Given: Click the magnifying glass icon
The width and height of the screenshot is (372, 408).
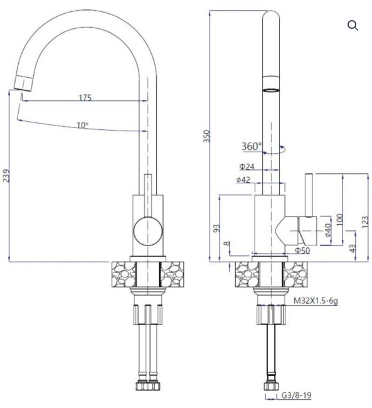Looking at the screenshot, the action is point(353,26).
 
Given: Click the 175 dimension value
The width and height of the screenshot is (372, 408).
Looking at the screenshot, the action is point(85,97).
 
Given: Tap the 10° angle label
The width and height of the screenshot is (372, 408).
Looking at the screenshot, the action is point(82,126).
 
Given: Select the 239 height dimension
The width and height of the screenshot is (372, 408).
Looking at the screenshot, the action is point(6,176).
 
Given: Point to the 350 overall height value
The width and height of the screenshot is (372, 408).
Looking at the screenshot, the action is point(206,136).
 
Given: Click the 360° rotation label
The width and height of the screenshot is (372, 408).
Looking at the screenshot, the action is point(252,146).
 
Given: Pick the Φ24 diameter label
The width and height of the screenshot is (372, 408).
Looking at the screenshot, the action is point(247,166).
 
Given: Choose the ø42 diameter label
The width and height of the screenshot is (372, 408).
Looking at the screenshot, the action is point(243,180).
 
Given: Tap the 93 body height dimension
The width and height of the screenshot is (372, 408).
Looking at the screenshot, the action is point(216,228).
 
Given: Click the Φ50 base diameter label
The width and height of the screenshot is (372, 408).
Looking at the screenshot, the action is point(302,250).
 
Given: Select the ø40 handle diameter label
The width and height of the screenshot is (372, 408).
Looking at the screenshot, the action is point(328,230).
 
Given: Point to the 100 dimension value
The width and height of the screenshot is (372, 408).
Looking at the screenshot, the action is point(339,220).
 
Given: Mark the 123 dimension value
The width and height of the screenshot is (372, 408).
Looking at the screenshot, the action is point(365,222).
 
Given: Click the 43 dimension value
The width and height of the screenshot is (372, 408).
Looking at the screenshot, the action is point(352,249).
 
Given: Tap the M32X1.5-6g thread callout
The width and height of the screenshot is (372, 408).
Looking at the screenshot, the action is point(316,301).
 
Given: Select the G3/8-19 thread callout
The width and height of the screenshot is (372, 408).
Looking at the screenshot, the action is point(296,395).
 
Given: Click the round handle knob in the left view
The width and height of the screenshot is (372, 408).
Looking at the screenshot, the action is point(148,231).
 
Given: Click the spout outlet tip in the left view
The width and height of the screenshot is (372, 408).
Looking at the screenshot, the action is point(23,83).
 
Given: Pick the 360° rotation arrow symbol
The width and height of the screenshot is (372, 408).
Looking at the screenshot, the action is point(274,150).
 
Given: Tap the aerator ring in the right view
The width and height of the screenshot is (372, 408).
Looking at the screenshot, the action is point(271,90).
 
